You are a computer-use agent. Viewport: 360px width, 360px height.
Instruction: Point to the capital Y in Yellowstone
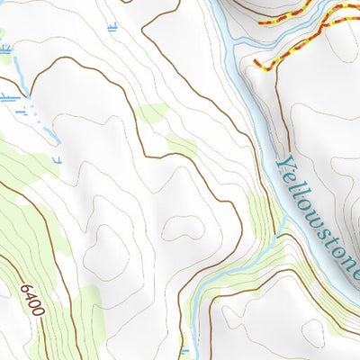pos(284,163)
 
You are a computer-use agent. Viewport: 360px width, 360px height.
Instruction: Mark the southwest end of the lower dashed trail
pos(256,64)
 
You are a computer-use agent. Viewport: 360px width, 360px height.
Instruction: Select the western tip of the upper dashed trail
pos(259,20)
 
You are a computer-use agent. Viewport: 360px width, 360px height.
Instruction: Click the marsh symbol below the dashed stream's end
pos(56,160)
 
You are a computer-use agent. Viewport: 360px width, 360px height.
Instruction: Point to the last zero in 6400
pos(40,314)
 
